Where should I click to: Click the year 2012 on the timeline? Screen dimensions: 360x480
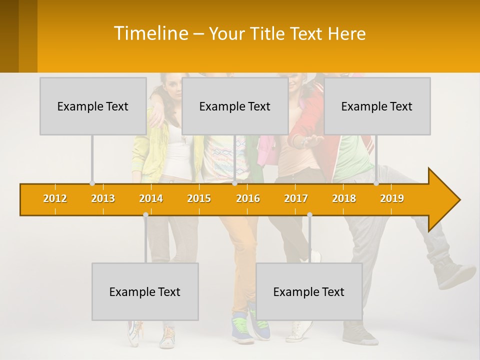(x=55, y=198)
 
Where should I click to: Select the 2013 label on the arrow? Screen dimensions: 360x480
(x=103, y=198)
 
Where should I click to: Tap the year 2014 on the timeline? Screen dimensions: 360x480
(x=151, y=198)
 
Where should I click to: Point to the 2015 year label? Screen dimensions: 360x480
(x=199, y=198)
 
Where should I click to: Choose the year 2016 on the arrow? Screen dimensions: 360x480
(x=248, y=198)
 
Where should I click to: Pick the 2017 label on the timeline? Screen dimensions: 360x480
(x=296, y=198)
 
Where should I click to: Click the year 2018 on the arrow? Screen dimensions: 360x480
(x=344, y=198)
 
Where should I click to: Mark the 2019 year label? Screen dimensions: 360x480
(x=392, y=198)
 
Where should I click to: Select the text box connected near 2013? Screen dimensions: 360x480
(x=93, y=106)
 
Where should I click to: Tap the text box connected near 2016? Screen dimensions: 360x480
(x=235, y=106)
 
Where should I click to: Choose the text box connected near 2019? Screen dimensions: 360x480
(x=377, y=106)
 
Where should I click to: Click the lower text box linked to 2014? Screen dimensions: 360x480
(x=145, y=291)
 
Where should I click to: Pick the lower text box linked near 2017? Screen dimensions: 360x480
(x=309, y=291)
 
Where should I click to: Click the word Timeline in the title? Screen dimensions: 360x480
(x=150, y=33)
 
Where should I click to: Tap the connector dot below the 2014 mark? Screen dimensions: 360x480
(x=145, y=214)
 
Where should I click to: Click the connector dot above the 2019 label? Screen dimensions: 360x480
(x=376, y=183)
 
